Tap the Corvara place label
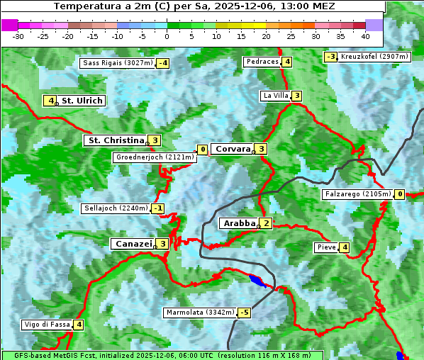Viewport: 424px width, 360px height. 233,149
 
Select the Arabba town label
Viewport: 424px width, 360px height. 239,223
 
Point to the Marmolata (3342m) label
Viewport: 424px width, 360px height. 199,313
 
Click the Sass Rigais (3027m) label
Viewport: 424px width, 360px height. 118,63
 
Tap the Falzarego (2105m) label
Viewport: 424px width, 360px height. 357,194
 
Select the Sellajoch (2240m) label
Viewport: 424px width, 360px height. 116,208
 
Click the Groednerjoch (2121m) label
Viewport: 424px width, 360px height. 155,157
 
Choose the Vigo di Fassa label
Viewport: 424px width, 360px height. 48,325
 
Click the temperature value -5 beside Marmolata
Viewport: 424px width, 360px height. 245,313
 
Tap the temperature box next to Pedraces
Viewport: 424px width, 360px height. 286,62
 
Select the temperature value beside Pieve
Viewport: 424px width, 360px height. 344,247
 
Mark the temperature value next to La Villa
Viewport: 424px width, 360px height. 296,96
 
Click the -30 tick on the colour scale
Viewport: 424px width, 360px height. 18,36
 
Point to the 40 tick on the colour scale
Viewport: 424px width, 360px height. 365,36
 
